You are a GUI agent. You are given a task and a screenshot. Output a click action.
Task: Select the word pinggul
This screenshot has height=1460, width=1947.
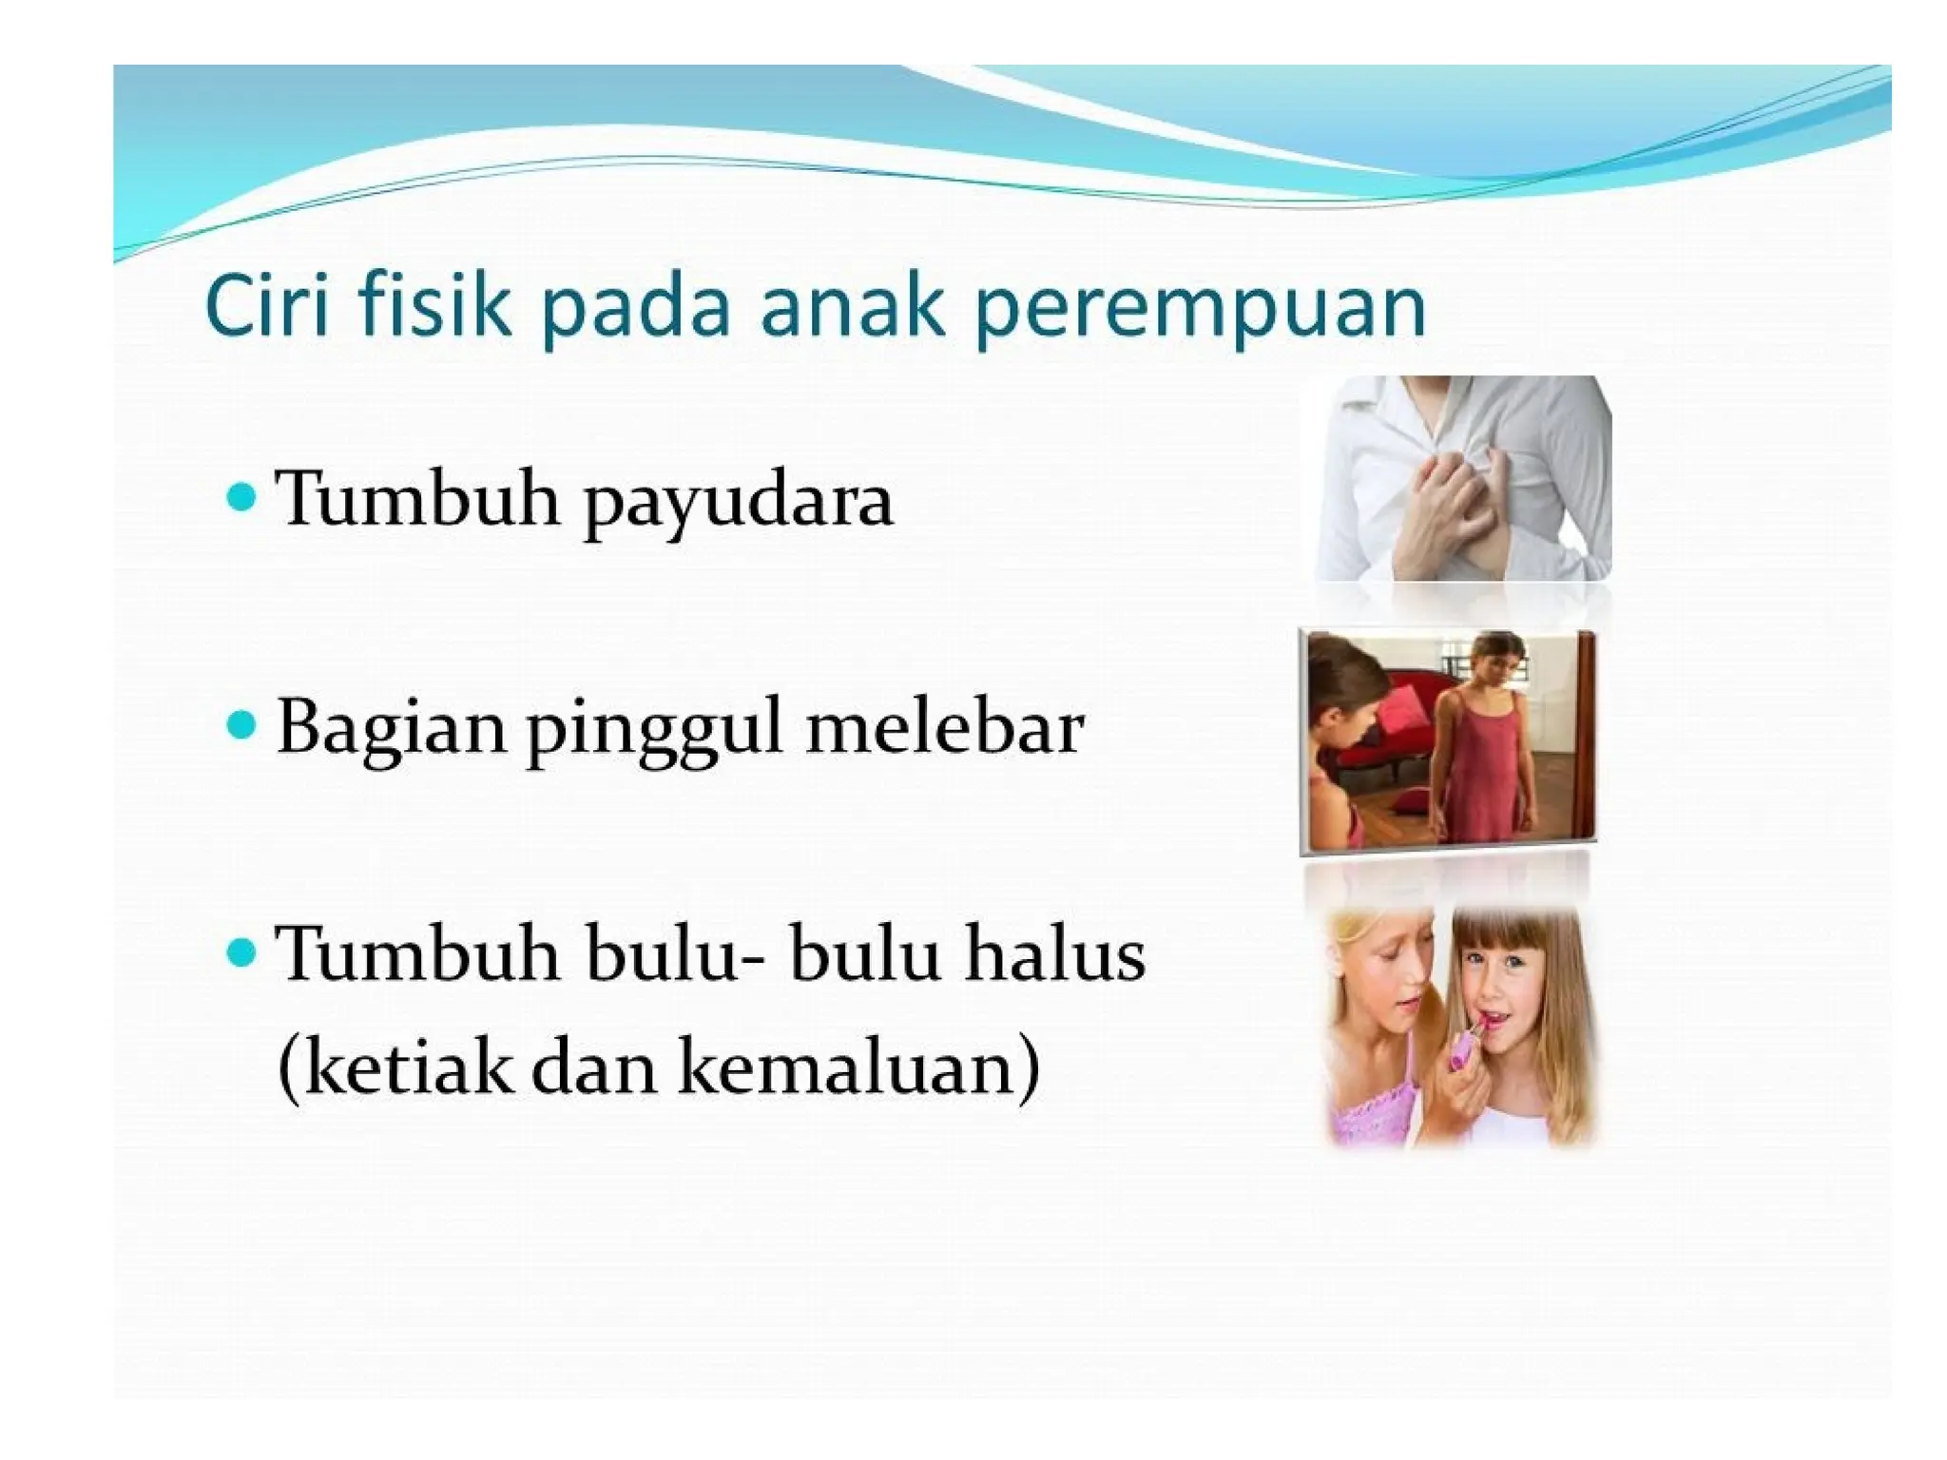coord(655,730)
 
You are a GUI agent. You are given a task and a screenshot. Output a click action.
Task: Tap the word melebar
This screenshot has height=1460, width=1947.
coord(944,727)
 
